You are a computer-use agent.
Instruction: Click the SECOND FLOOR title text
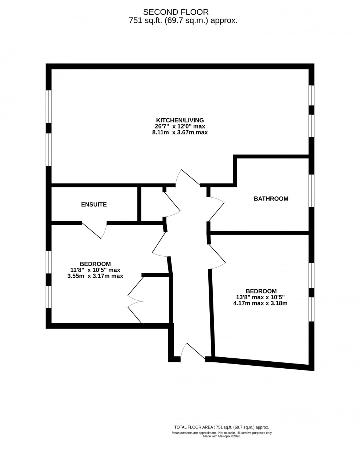176,12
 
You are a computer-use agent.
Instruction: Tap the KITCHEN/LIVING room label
180,120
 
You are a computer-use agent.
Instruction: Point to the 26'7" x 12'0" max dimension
180,126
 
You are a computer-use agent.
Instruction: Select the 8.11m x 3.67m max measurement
180,133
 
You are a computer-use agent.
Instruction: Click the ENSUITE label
94,205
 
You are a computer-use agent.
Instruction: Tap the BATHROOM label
271,199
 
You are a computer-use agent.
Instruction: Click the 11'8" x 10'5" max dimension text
95,270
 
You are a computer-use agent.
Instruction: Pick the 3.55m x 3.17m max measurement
95,276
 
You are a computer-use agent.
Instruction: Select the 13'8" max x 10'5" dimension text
260,297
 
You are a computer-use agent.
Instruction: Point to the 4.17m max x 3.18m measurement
260,303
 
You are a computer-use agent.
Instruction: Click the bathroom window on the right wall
312,191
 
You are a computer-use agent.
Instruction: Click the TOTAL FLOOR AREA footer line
222,427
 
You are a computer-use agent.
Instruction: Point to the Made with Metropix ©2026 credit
222,436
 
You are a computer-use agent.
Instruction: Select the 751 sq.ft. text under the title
183,21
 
